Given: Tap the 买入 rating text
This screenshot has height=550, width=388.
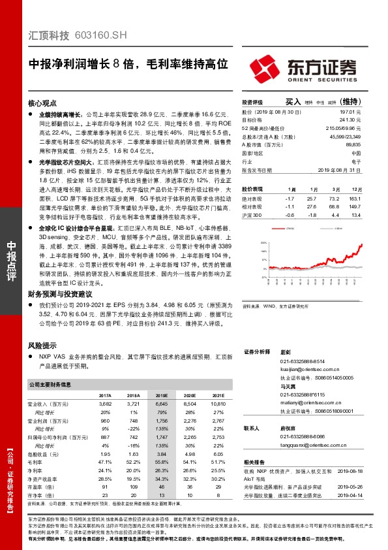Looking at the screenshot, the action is (294, 103).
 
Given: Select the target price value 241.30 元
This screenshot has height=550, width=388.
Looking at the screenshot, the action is (350, 120).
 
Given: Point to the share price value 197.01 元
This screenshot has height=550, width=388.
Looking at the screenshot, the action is (350, 113).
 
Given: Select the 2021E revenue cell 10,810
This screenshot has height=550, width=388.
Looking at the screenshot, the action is (216, 404).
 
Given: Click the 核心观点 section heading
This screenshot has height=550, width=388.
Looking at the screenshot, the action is (43, 104).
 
